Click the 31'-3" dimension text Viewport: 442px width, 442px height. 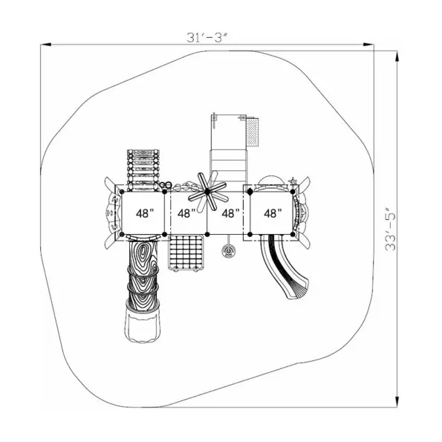click(x=207, y=37)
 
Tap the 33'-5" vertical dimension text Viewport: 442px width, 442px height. click(x=391, y=230)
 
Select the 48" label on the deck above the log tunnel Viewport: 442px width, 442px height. click(x=145, y=213)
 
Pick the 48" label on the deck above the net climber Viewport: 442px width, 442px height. click(x=186, y=213)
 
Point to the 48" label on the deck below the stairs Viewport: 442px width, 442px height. click(x=230, y=213)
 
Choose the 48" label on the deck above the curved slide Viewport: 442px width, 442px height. click(x=273, y=213)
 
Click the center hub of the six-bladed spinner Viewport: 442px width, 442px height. click(x=207, y=192)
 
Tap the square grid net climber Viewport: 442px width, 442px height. click(x=186, y=253)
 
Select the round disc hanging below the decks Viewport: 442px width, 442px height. click(x=228, y=250)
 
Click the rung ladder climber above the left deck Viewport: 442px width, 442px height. click(x=143, y=170)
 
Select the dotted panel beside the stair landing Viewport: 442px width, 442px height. click(x=253, y=132)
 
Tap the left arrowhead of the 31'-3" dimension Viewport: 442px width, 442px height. click(x=45, y=45)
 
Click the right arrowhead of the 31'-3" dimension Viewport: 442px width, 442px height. click(x=368, y=45)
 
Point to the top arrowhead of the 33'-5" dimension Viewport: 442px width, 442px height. click(x=397, y=56)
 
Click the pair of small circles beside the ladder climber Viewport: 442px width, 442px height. click(x=166, y=185)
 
